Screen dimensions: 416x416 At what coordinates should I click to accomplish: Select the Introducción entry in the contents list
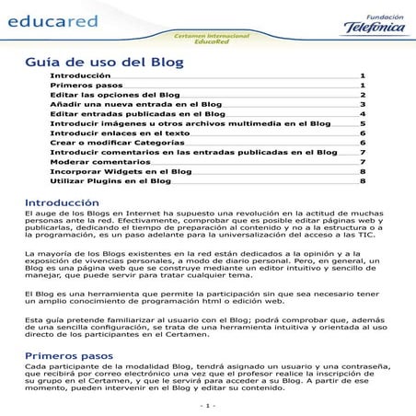click(79, 75)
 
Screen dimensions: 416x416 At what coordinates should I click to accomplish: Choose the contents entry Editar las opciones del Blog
click(114, 95)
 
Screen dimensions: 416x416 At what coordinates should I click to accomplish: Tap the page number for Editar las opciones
click(364, 95)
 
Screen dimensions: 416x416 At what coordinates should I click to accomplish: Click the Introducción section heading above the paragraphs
click(62, 202)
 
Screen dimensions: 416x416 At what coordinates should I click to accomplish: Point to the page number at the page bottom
click(207, 405)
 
